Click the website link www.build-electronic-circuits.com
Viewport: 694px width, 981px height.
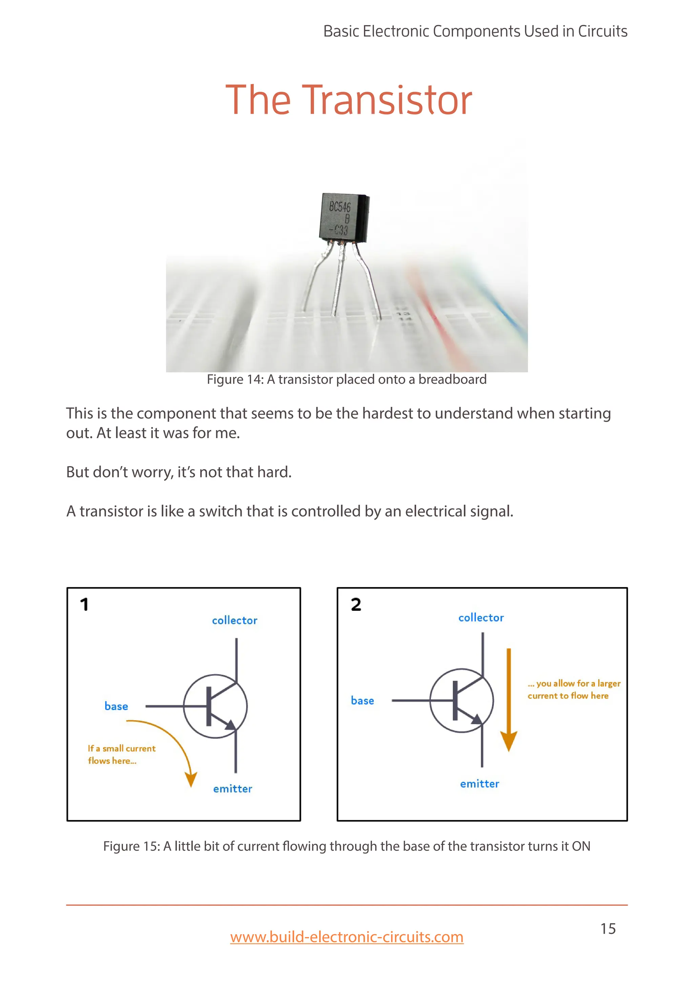pos(347,937)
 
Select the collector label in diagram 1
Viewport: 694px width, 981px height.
pos(234,620)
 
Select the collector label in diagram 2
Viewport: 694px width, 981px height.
pos(481,618)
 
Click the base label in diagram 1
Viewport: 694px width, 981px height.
pos(116,706)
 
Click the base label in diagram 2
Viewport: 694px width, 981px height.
pos(362,701)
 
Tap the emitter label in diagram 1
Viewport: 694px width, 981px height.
pos(232,789)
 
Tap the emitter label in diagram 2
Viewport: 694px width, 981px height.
pos(479,784)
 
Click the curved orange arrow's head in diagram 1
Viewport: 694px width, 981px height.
pos(190,779)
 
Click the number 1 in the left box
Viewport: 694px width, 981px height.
pos(84,605)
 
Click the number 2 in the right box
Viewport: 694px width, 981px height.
pos(356,605)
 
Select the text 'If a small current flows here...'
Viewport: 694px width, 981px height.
pos(121,754)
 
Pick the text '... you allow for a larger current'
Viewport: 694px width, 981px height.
pos(573,689)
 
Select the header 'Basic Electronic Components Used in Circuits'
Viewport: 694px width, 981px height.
pos(475,31)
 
